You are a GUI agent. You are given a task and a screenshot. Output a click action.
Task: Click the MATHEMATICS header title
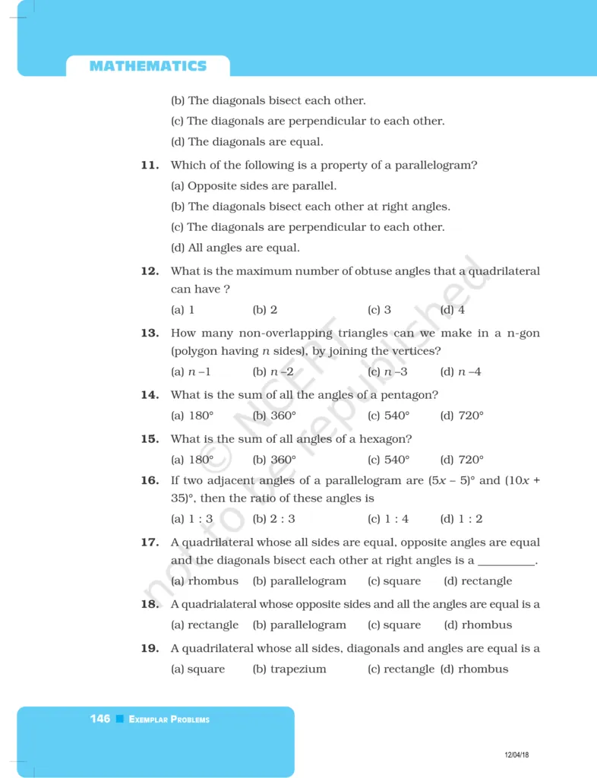click(147, 66)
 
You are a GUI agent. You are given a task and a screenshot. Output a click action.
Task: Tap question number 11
click(150, 165)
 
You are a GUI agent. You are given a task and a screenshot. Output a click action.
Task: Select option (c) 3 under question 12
click(379, 310)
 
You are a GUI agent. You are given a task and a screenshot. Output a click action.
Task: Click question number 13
click(150, 333)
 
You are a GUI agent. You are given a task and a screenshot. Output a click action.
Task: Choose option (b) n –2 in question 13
click(273, 372)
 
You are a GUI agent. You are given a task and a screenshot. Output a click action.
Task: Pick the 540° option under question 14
click(388, 416)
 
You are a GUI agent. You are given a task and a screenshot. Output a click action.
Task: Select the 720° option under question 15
click(462, 460)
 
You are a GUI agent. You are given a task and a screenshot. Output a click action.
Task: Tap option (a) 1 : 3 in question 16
click(191, 519)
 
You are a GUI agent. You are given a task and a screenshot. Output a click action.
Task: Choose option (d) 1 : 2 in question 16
click(461, 519)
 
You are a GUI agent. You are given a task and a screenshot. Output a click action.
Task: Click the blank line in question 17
click(507, 561)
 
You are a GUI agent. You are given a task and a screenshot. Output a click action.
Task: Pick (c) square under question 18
click(393, 625)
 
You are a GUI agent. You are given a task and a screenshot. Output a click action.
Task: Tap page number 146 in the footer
click(99, 719)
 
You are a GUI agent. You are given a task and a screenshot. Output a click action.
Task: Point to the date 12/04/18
click(516, 754)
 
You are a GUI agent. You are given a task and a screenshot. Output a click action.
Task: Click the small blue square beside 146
click(120, 719)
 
